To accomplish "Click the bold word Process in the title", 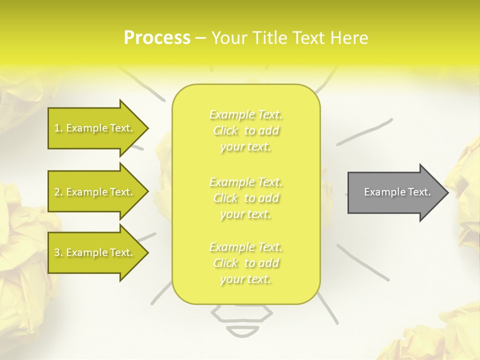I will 157,38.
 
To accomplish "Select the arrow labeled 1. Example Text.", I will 95,128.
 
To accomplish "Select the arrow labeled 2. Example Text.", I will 95,192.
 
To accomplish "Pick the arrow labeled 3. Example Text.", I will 95,252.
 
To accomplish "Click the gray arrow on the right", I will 395,192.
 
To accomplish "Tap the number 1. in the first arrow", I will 58,128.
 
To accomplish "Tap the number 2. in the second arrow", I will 58,192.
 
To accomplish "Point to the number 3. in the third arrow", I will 58,252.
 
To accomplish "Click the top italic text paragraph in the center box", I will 246,130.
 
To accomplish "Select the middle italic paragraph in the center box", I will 246,197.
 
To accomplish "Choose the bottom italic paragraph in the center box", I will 246,263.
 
